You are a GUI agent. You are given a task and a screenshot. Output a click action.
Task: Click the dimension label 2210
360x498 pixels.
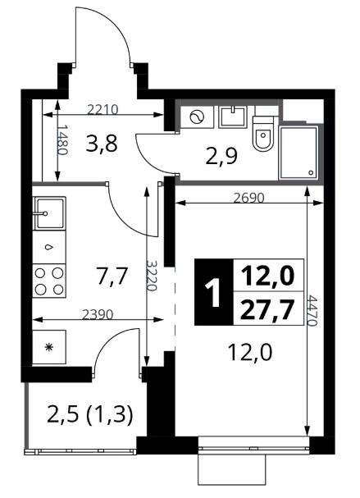click(x=103, y=110)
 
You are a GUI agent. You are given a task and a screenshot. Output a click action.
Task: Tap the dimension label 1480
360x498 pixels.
click(x=63, y=139)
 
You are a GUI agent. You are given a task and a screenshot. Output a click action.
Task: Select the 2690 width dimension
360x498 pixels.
click(x=248, y=199)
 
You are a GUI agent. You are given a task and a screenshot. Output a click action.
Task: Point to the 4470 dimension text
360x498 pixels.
click(x=312, y=311)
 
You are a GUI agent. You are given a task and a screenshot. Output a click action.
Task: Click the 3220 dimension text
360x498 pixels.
click(x=152, y=276)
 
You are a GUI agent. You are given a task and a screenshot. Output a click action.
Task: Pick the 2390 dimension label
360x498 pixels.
click(x=98, y=314)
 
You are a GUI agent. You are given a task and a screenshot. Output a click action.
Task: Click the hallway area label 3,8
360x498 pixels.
click(x=102, y=144)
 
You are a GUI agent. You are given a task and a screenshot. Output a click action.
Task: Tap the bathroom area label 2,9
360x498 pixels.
click(x=221, y=156)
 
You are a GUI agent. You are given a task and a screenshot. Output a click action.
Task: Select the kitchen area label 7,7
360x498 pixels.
click(x=112, y=276)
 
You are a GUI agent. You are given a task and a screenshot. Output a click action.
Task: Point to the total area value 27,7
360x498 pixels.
click(x=266, y=309)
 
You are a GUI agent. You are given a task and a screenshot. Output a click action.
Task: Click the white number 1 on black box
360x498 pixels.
click(x=213, y=292)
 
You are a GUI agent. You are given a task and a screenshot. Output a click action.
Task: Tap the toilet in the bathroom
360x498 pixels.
click(x=263, y=134)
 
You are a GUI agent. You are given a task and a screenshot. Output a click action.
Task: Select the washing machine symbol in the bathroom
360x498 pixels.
click(x=197, y=117)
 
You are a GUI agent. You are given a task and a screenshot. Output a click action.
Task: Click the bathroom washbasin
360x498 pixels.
click(x=233, y=117)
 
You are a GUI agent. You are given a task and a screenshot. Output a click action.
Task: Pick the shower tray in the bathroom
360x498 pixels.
click(x=298, y=153)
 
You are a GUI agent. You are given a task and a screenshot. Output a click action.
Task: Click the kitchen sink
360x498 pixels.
click(x=49, y=213)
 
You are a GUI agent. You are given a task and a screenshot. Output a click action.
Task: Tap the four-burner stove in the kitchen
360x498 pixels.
click(x=49, y=281)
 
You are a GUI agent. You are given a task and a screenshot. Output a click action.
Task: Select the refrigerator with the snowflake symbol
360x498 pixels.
click(x=49, y=347)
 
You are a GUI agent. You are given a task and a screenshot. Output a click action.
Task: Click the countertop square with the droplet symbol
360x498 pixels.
click(x=49, y=247)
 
